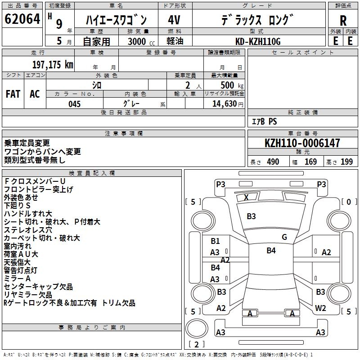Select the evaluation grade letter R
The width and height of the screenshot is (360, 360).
[x=343, y=20]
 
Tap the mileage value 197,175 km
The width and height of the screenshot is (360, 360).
[x=53, y=64]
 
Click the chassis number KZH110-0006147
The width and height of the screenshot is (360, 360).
[x=302, y=143]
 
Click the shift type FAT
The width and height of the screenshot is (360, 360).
[x=13, y=94]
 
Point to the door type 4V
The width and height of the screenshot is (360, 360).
[x=174, y=20]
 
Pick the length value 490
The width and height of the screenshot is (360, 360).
[x=273, y=162]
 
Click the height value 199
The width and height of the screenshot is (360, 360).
[x=346, y=162]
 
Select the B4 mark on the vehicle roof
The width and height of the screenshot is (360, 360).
[x=271, y=251]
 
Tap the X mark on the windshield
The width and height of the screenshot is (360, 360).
[x=246, y=197]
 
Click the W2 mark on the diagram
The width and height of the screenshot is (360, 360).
[x=320, y=308]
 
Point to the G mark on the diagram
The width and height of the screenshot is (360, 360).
[x=284, y=237]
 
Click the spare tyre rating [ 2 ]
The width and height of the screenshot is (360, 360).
[x=196, y=344]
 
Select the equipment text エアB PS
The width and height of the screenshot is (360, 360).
[x=264, y=121]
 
